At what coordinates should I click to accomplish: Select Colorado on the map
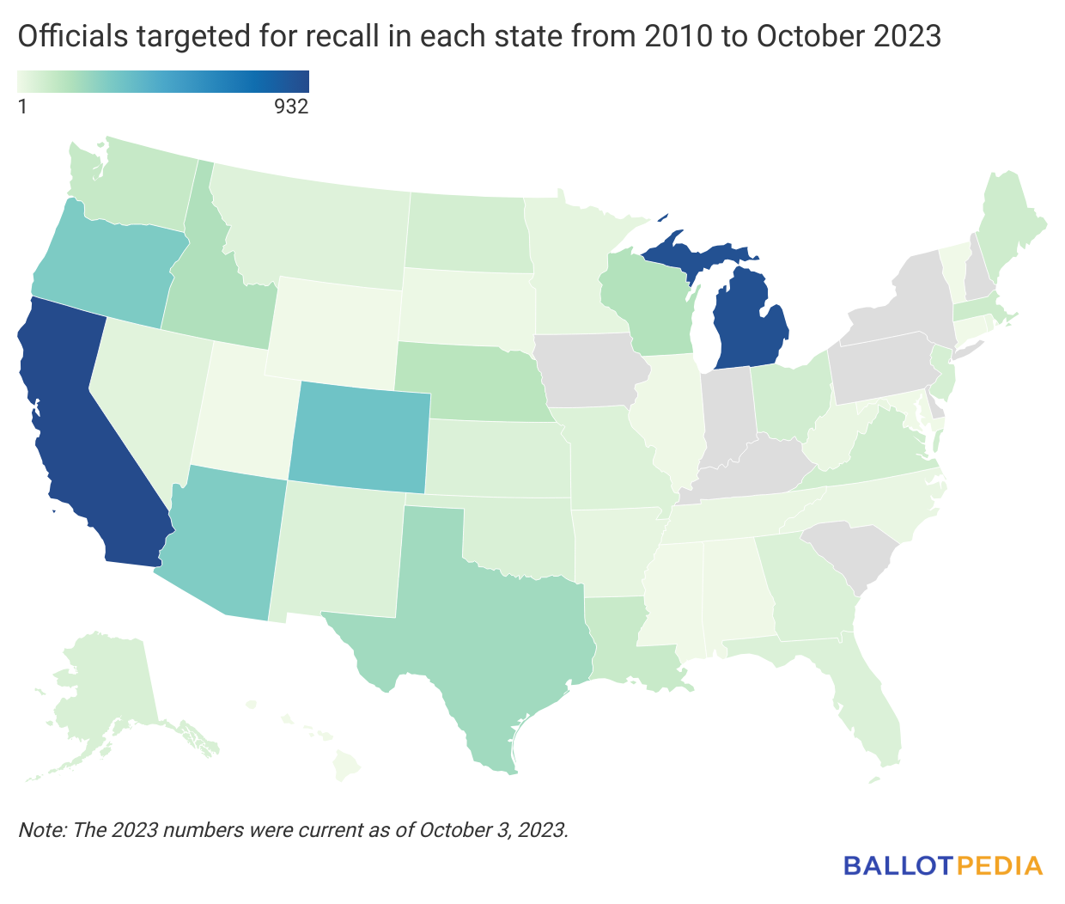359,438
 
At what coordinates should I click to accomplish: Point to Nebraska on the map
472,378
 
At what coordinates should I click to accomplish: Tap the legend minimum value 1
22,107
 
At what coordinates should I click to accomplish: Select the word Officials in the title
68,36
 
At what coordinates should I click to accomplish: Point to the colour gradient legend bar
163,81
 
